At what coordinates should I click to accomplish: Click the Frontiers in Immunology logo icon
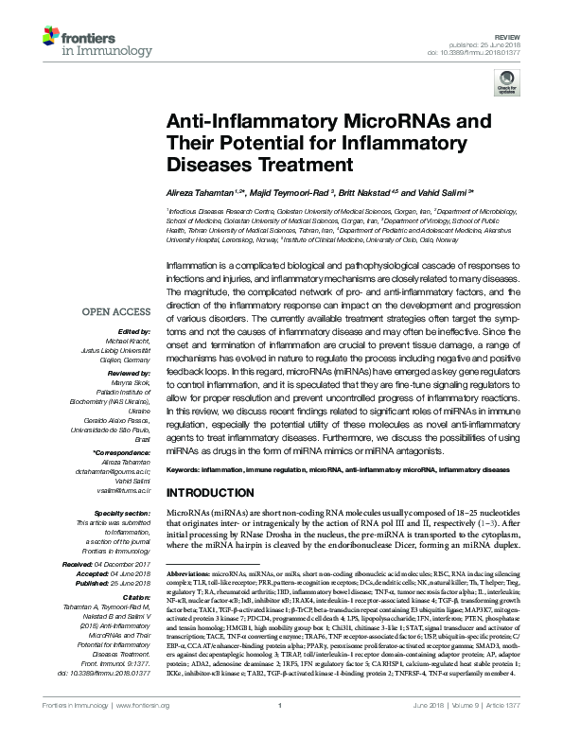[x=50, y=39]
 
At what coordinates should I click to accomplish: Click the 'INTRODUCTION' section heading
[x=214, y=493]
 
